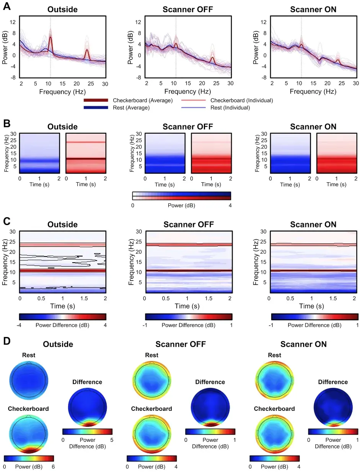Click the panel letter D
coord(7,340)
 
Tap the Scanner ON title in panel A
coord(313,9)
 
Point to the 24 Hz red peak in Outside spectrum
coord(87,50)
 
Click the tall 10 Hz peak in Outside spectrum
coord(50,37)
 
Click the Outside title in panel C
coord(62,224)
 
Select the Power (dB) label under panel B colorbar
coord(182,205)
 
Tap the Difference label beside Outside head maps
coord(87,382)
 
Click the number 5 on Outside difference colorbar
coord(112,440)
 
